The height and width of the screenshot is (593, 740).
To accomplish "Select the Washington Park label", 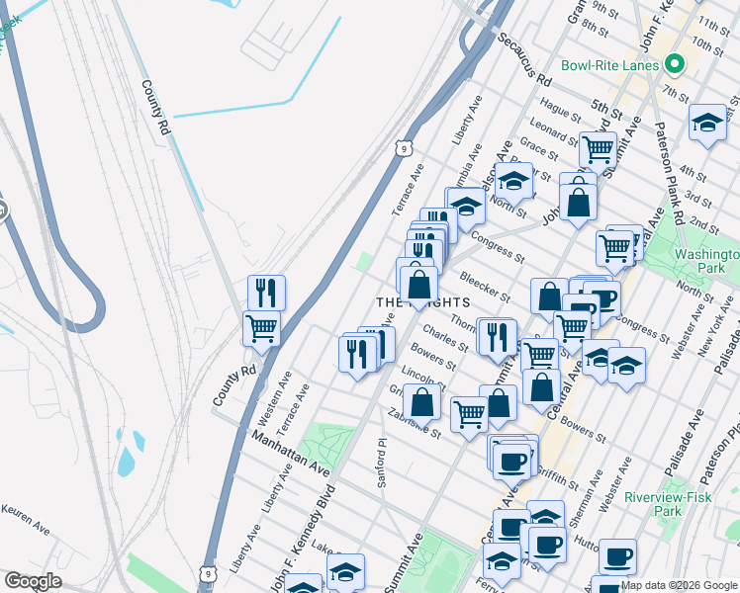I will [707, 261].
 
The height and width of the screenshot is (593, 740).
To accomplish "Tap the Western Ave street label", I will [275, 393].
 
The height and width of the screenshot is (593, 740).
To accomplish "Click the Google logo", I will [33, 581].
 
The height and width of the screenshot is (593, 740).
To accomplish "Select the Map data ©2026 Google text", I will [679, 585].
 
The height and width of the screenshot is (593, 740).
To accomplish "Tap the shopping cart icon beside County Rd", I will [261, 327].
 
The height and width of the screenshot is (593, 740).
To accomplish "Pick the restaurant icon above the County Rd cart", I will [266, 292].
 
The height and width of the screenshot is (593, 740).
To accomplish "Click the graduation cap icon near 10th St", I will [707, 122].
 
